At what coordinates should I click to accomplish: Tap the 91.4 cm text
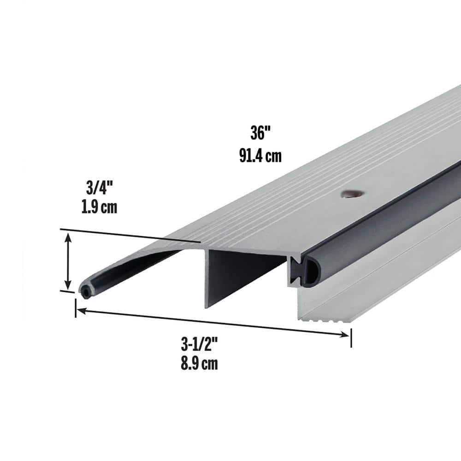260,156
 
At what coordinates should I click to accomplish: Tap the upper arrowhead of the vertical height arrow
68,237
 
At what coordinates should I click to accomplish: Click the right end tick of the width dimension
351,337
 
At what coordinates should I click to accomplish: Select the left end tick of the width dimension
75,308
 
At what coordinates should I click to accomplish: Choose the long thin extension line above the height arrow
129,235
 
